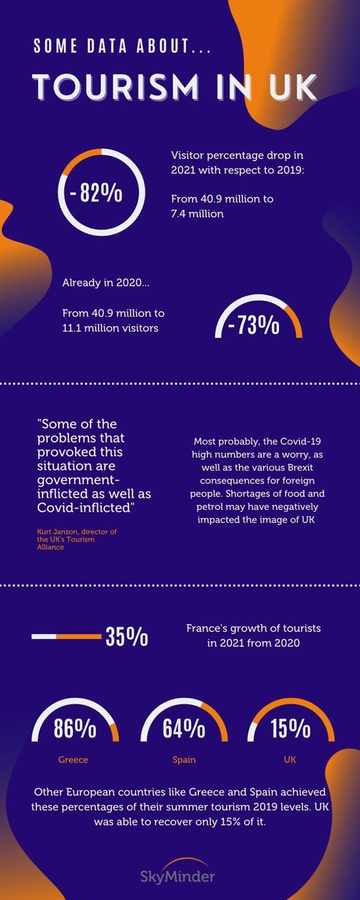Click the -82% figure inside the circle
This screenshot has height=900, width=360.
[x=96, y=193]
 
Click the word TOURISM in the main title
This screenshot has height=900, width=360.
[x=115, y=87]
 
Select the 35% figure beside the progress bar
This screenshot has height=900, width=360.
[x=127, y=637]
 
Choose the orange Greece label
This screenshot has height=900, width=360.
[x=73, y=760]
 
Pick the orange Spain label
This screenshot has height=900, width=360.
[x=184, y=760]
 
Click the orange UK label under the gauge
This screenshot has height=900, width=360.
[x=290, y=760]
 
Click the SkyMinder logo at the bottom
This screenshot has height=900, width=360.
[x=177, y=873]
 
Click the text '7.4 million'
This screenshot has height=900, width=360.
[x=198, y=213]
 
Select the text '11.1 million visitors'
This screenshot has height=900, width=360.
[x=110, y=328]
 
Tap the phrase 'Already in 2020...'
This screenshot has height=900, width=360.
[x=105, y=282]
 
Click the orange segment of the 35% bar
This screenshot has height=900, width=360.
[x=79, y=637]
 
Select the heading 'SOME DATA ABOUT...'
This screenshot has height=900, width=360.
[x=122, y=46]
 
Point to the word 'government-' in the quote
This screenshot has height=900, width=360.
[x=78, y=480]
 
